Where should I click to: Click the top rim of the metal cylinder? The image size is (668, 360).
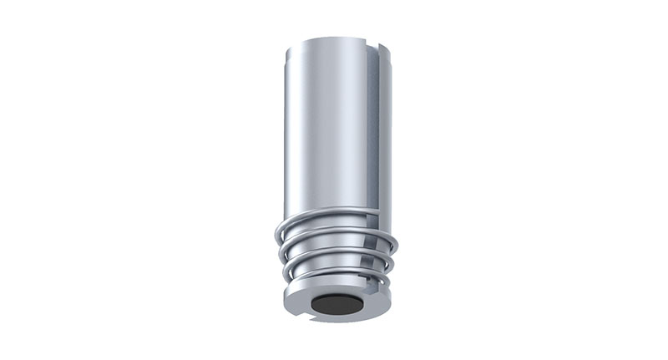tap(330, 39)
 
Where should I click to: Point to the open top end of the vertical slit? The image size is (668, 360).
tap(370, 43)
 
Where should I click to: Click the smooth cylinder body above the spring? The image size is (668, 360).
tap(326, 125)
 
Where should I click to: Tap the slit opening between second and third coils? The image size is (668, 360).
tap(372, 242)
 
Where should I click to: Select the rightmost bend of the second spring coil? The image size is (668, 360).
tap(395, 244)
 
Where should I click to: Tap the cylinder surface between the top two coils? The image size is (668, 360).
tap(326, 222)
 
